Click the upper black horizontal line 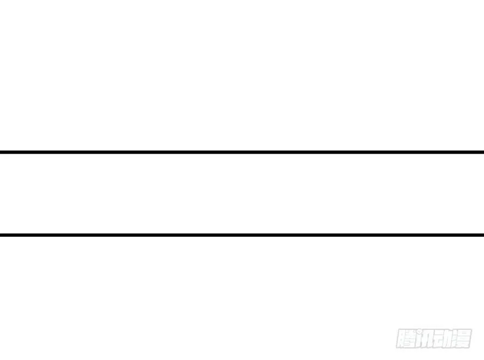(242, 152)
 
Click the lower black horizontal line (242, 235)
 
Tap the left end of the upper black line (1, 152)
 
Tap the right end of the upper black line (483, 152)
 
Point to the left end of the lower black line (1, 235)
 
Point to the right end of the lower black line (483, 235)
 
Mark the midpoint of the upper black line (242, 152)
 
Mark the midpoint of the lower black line (242, 235)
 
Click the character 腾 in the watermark (405, 339)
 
